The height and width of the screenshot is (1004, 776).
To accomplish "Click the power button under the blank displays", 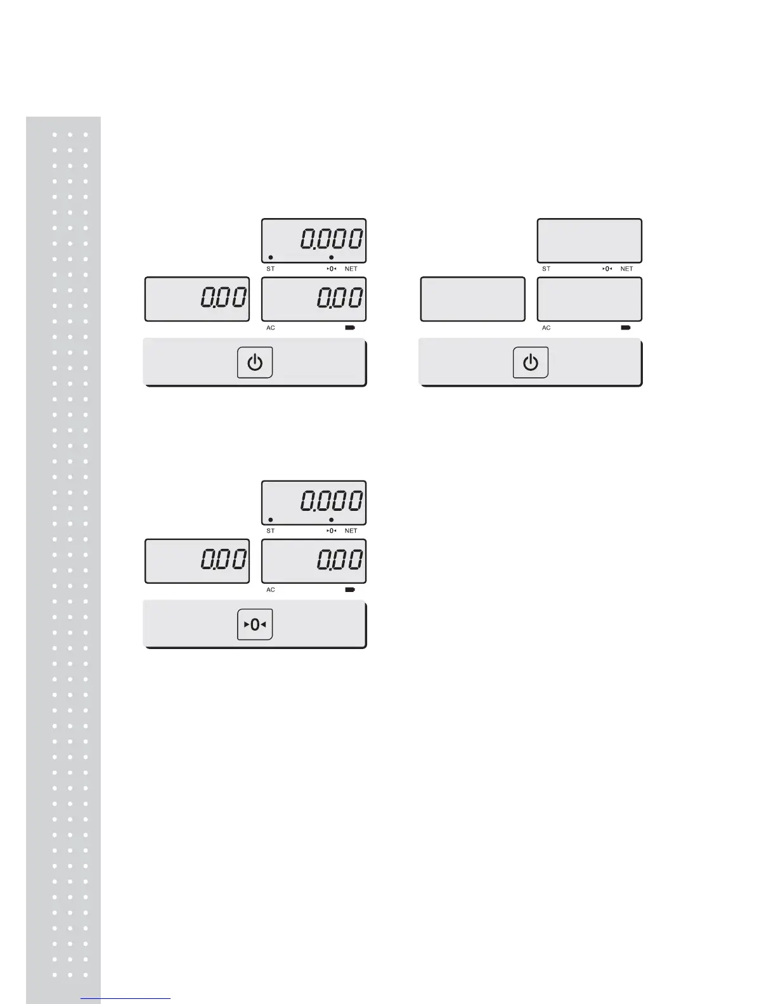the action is (x=530, y=363).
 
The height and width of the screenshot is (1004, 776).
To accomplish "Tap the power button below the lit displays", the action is (x=255, y=363).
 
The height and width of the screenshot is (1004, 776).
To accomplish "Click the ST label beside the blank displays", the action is (x=546, y=269).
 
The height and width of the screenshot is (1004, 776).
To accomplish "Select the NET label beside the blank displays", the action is (x=626, y=269).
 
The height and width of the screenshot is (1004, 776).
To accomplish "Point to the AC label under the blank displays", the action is (x=546, y=328).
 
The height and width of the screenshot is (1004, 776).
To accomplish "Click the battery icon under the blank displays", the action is (x=626, y=328).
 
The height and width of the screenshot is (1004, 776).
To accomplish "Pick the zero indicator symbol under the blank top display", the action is (x=607, y=269).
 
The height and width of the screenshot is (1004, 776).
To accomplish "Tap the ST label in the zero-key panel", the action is (x=271, y=531).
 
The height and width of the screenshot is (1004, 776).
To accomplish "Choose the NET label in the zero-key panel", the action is (x=351, y=531).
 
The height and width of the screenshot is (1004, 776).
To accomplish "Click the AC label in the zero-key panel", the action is (x=271, y=589).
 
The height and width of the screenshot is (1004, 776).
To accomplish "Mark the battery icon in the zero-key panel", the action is (x=350, y=589).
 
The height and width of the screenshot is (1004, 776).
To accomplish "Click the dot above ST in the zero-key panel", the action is (x=271, y=520).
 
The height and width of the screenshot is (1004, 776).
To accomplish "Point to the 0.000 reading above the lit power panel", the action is (x=332, y=239).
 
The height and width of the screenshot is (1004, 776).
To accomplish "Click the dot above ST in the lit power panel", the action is (x=271, y=257).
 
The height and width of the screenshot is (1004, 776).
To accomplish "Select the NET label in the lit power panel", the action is (x=351, y=269).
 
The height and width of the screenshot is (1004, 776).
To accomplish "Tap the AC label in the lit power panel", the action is (x=271, y=328).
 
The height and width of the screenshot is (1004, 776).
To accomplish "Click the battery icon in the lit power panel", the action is (x=350, y=328).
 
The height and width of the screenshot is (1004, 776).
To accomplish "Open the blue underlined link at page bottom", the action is (x=126, y=998).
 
